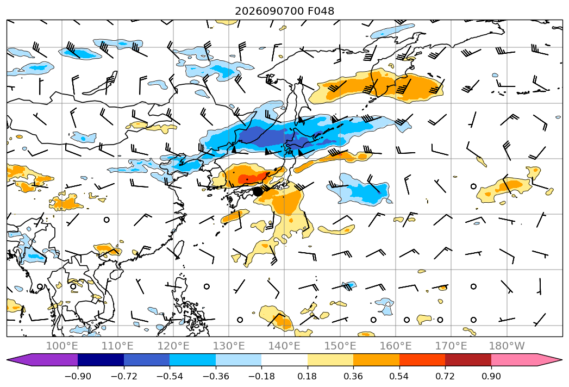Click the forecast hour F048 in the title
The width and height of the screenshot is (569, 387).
pos(321,11)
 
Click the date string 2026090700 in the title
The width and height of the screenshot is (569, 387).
pos(269,11)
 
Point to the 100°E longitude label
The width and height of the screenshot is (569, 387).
pos(62,346)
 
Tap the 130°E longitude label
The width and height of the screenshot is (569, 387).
pos(229,346)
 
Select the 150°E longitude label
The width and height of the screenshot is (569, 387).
pos(340,346)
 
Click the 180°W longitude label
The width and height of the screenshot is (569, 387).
pos(507,346)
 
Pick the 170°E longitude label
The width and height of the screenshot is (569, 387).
pos(451,346)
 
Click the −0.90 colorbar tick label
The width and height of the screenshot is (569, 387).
pos(78,376)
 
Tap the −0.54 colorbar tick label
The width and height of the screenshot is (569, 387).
pos(170,376)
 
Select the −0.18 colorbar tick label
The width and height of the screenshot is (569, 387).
pos(261,376)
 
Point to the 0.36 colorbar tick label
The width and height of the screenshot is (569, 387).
pos(353,376)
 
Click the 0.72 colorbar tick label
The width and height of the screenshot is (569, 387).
pos(445,376)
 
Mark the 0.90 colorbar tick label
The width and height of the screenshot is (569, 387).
pos(491,376)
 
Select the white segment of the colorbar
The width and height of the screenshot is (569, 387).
pos(285,360)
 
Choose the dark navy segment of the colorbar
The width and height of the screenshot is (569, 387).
pos(101,360)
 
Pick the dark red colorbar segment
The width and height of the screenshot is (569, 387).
pos(468,360)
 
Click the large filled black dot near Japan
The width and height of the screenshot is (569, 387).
pos(258,191)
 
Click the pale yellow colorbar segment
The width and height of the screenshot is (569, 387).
pos(330,360)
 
